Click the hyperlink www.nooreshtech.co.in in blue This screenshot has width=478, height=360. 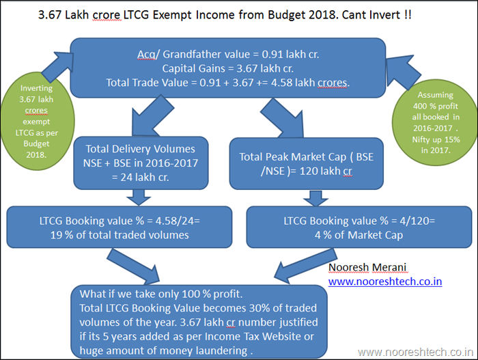[385, 281]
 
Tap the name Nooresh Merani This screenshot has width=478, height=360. [367, 267]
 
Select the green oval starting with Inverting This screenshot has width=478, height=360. [37, 121]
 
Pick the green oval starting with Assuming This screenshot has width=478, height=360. [435, 123]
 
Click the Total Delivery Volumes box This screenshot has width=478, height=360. [141, 163]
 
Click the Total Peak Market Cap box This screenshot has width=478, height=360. [307, 163]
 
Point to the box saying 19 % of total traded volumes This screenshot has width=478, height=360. [119, 227]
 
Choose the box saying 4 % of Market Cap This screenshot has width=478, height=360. [358, 227]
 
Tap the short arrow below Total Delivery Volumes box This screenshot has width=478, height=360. [139, 197]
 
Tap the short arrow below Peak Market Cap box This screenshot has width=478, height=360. [315, 198]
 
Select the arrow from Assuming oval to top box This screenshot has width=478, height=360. [402, 72]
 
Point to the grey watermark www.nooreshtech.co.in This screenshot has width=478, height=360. [415, 352]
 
